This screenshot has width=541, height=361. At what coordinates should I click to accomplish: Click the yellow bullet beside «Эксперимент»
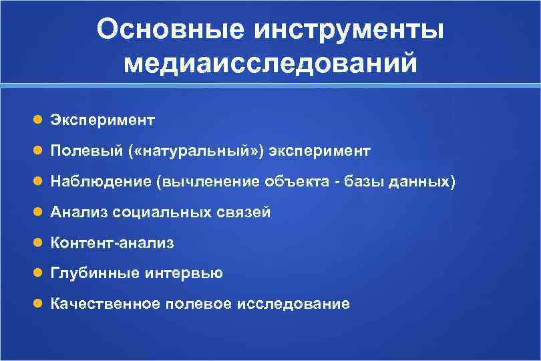[39, 120]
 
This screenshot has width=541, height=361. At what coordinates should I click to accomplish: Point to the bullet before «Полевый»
[39, 151]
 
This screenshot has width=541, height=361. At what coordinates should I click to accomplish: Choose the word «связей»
[243, 213]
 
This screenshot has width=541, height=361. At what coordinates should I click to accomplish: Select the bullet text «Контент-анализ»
[112, 243]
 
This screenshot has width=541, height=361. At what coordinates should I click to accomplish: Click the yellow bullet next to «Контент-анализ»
[39, 243]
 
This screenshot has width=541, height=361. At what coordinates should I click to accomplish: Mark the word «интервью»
[181, 273]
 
